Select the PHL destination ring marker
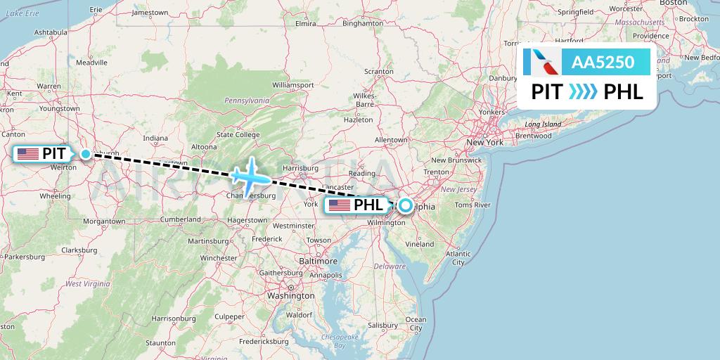click(406, 206)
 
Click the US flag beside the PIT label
click(28, 154)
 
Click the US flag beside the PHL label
click(339, 206)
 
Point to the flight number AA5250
click(603, 63)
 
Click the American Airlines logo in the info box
click(541, 63)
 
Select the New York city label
click(485, 143)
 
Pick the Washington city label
click(290, 296)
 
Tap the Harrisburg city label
click(300, 169)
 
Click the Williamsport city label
click(292, 85)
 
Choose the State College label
click(238, 134)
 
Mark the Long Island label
click(543, 124)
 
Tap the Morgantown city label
click(104, 221)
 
